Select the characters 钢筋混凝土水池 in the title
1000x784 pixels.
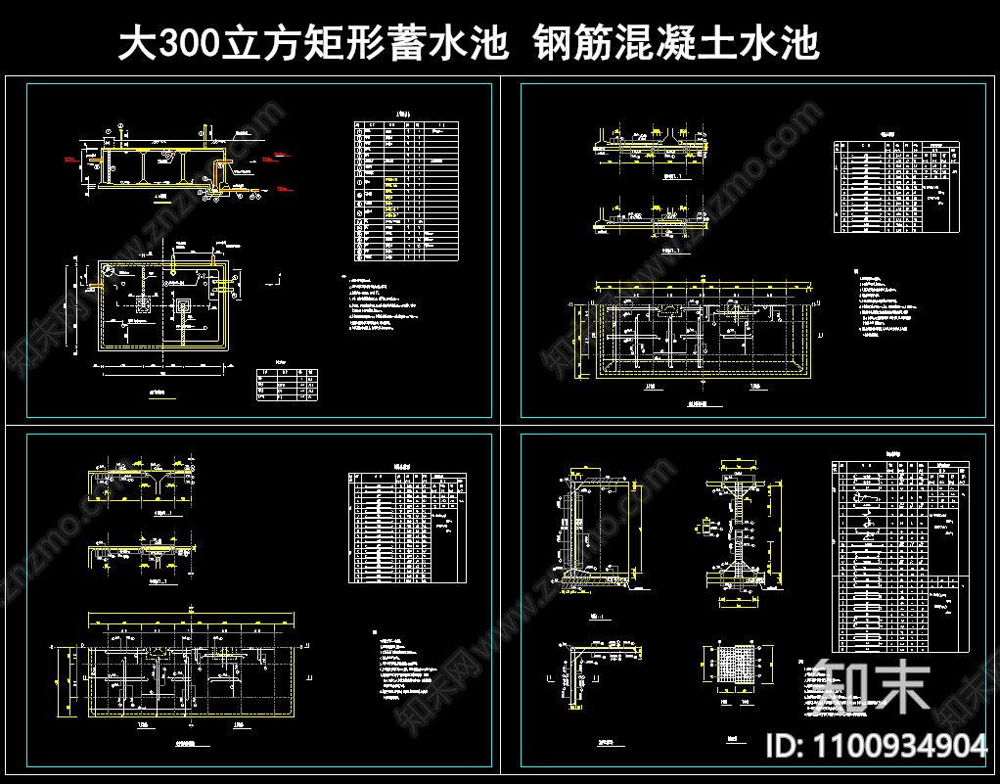tap(676, 44)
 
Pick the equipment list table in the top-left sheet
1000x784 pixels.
tap(406, 191)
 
